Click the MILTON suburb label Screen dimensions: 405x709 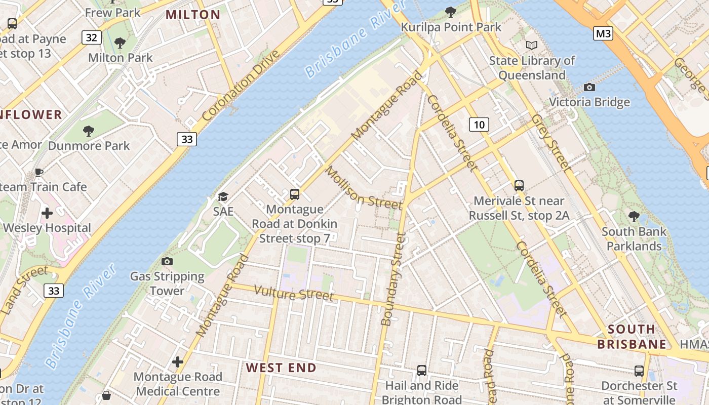point(193,15)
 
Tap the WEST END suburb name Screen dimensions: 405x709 point(281,368)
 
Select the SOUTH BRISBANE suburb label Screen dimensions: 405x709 point(632,337)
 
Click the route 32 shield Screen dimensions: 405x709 point(91,37)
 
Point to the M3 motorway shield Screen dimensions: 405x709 point(603,34)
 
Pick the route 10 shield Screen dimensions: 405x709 point(479,124)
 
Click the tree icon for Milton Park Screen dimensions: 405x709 point(120,43)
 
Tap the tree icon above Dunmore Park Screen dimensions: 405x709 point(89,131)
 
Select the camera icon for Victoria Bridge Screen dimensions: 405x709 point(589,88)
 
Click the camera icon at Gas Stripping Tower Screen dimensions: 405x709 point(167,262)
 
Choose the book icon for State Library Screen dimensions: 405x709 point(531,46)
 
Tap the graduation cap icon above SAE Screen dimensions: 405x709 point(223,196)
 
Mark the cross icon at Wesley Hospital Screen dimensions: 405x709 point(47,213)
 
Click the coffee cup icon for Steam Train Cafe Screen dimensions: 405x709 point(39,172)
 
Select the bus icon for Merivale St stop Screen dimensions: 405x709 point(519,186)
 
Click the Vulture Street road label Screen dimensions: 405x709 point(294,294)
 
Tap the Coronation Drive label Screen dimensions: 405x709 point(241,85)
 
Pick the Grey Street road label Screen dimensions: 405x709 point(552,142)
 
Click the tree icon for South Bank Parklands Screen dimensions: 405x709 point(634,217)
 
